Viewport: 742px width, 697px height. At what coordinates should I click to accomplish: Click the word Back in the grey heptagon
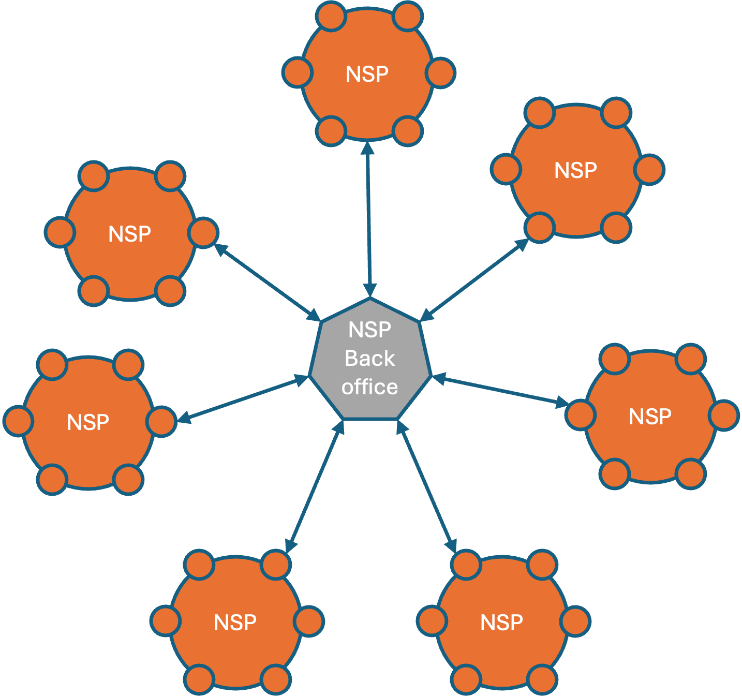pos(369,358)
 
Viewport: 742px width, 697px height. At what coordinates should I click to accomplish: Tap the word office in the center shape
pos(369,387)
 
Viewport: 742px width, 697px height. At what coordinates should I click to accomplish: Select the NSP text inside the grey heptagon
pos(369,330)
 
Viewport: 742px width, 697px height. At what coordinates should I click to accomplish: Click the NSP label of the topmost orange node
pos(367,74)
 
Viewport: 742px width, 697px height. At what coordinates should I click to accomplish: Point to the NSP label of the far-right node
pos(650,417)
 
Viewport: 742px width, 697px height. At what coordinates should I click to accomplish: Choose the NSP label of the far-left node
pos(88,422)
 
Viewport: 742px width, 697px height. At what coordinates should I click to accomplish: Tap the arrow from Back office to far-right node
pos(500,390)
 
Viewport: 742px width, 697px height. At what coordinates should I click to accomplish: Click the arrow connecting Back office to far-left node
pos(243,401)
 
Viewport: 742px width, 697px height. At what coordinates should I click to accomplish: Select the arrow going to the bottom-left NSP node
pos(315,487)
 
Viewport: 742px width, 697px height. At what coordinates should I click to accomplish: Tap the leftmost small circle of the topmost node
pos(298,73)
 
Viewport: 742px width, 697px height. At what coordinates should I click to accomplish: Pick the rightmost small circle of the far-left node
pos(161,422)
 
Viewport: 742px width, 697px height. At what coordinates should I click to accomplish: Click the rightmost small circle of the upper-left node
pos(203,233)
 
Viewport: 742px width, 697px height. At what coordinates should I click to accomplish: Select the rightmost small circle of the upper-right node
pos(649,170)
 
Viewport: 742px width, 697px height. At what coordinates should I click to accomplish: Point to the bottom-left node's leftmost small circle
pos(166,621)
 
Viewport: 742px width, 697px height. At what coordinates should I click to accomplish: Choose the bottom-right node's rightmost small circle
pos(575,621)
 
